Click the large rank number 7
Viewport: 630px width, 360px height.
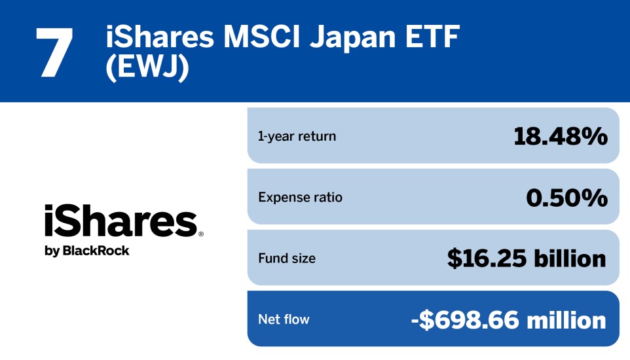(54, 53)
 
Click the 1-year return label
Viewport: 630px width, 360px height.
(297, 136)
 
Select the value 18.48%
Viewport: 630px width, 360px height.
(560, 136)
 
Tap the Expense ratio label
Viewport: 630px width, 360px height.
(300, 197)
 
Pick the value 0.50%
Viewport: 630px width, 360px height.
(566, 197)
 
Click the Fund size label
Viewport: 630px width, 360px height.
(287, 258)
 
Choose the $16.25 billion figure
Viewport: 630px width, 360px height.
(527, 258)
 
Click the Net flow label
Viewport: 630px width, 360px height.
(284, 319)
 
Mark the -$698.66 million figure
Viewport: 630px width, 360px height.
(509, 319)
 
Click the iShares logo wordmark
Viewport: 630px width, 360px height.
(121, 222)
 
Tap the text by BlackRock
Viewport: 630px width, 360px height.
(87, 251)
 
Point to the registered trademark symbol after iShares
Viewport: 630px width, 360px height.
(200, 234)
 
